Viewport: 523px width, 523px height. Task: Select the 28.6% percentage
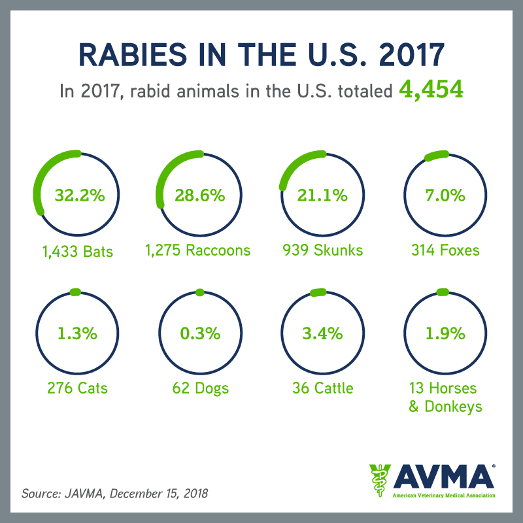pos(199,195)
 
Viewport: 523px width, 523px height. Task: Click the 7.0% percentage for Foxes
pos(442,195)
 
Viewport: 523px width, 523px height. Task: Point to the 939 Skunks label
pos(322,250)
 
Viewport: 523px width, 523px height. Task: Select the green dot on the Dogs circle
pos(199,292)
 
